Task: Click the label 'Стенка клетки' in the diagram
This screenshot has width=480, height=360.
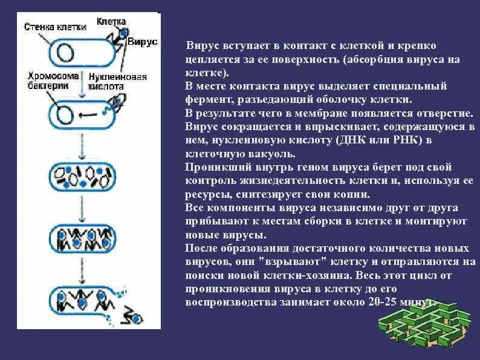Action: pyautogui.click(x=54, y=27)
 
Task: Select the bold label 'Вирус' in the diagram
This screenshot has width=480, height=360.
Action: pyautogui.click(x=143, y=41)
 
